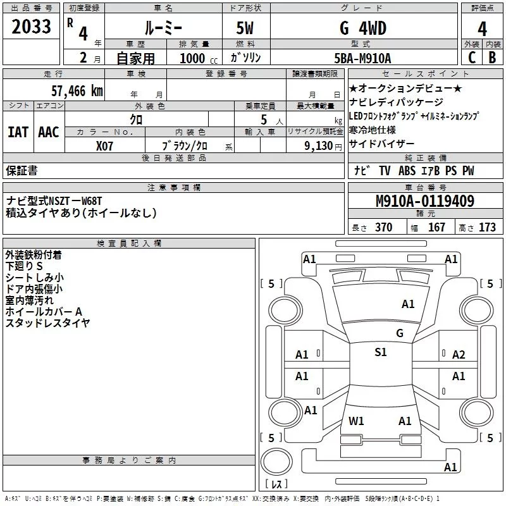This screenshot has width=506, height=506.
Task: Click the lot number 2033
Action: (x=32, y=28)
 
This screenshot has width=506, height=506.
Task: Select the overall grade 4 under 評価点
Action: (x=482, y=29)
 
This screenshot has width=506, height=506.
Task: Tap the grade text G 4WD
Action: (x=362, y=28)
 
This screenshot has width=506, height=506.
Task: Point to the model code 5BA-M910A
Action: (x=362, y=58)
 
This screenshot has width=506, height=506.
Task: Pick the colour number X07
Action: (x=105, y=145)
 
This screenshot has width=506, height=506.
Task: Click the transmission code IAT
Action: (x=18, y=132)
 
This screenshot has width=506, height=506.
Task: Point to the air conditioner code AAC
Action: (x=49, y=132)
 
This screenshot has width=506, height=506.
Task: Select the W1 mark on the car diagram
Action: (x=356, y=421)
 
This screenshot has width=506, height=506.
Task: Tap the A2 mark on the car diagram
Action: (x=459, y=355)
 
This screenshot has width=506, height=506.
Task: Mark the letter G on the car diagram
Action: (x=399, y=333)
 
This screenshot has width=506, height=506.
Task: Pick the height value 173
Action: (x=487, y=228)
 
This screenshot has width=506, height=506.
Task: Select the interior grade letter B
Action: (x=492, y=57)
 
